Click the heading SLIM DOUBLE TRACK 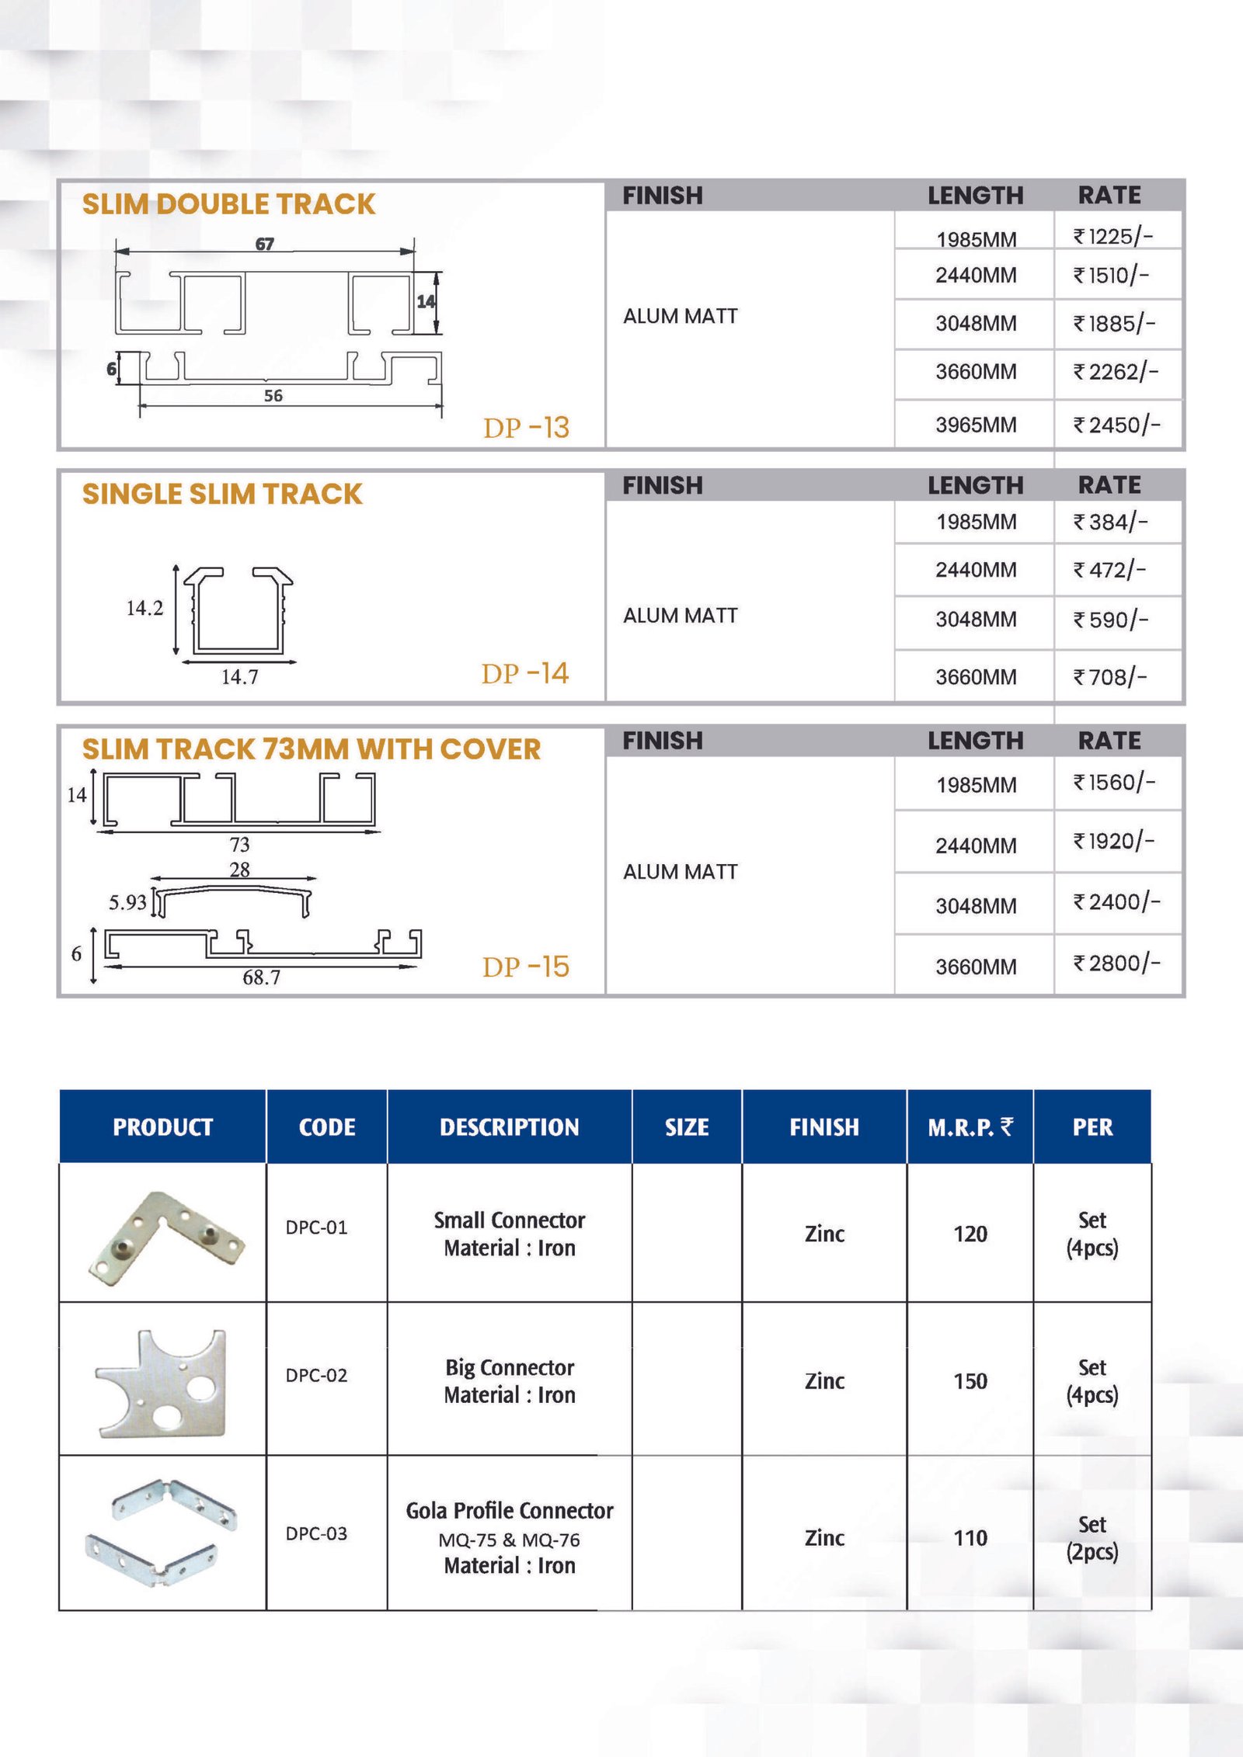(x=228, y=204)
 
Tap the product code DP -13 (x=526, y=428)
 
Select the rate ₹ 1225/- (x=1112, y=236)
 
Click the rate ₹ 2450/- (x=1116, y=425)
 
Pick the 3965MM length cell (x=976, y=425)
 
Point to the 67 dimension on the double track (x=265, y=244)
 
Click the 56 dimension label (x=273, y=396)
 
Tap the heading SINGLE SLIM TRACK (x=222, y=494)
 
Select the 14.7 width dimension (x=239, y=677)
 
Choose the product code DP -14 (x=525, y=673)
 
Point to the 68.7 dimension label (x=261, y=977)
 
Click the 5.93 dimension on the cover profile (x=127, y=902)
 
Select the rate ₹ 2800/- (x=1116, y=964)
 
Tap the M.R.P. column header (x=970, y=1127)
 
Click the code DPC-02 (x=316, y=1375)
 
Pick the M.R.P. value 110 (x=970, y=1537)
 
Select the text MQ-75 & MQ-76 (x=509, y=1540)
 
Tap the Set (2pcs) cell (x=1092, y=1537)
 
